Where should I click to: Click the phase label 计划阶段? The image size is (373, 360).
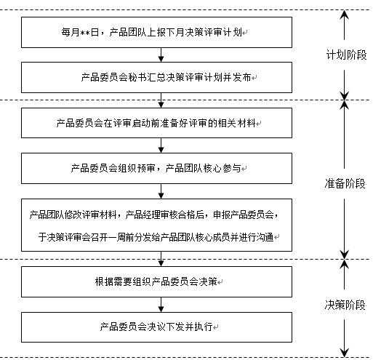(x=345, y=55)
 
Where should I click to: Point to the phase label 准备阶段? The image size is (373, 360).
(x=345, y=183)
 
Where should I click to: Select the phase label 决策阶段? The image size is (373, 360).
(x=345, y=305)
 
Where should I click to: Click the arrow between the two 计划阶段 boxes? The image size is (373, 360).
(x=160, y=54)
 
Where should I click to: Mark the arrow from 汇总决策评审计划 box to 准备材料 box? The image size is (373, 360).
(x=160, y=99)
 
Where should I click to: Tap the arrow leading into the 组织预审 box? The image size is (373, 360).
(x=160, y=145)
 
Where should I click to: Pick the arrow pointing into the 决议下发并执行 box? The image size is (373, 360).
(x=160, y=303)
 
